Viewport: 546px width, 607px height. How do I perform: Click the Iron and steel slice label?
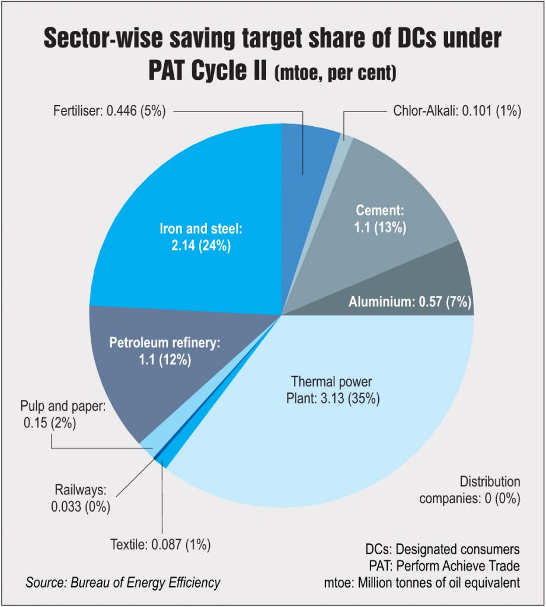pyautogui.click(x=194, y=237)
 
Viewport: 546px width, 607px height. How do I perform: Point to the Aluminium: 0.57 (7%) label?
pyautogui.click(x=410, y=303)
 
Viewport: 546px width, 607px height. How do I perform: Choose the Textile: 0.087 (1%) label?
pyautogui.click(x=160, y=544)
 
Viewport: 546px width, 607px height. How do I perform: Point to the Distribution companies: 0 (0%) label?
pyautogui.click(x=470, y=490)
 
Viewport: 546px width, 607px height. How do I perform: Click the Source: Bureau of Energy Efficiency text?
pyautogui.click(x=123, y=582)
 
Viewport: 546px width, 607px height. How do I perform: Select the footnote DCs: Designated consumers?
pyautogui.click(x=442, y=549)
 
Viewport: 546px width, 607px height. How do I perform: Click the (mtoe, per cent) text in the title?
pyautogui.click(x=336, y=74)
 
